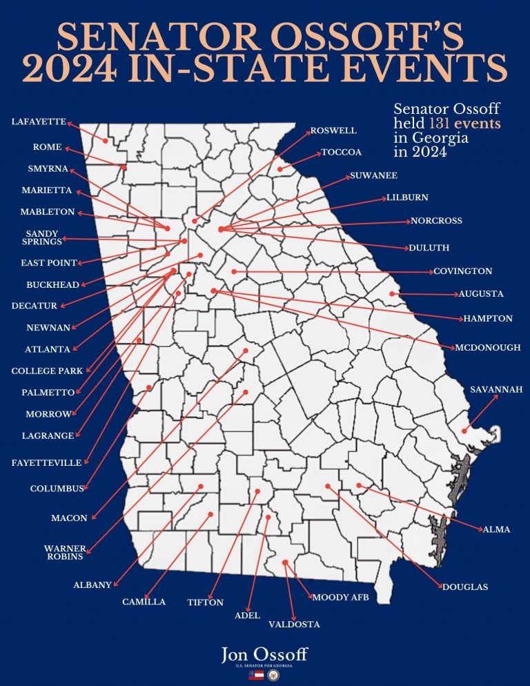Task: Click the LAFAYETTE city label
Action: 39,122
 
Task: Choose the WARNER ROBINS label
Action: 64,552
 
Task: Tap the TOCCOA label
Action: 342,152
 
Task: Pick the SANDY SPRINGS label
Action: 42,237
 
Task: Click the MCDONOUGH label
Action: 488,348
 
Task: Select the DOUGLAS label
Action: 464,587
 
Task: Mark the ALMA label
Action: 496,529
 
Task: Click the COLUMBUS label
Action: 57,489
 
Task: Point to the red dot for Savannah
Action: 465,431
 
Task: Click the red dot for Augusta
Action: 392,294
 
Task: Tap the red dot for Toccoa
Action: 279,169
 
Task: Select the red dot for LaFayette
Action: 106,141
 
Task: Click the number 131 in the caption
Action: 442,124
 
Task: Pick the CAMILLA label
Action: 144,602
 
